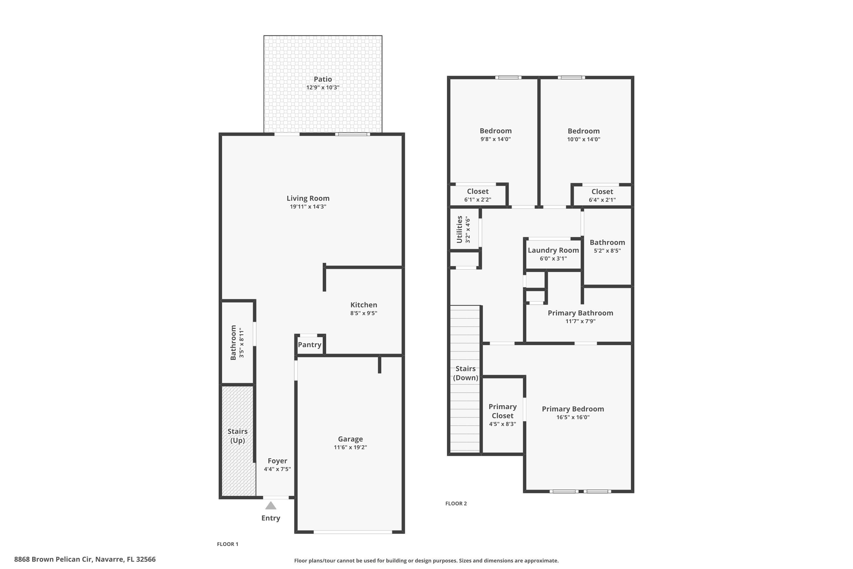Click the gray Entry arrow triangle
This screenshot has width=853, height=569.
pyautogui.click(x=271, y=506)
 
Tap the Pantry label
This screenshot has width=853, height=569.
pyautogui.click(x=309, y=345)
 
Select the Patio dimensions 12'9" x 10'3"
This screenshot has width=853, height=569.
pyautogui.click(x=322, y=87)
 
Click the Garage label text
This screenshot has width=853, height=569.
pyautogui.click(x=350, y=439)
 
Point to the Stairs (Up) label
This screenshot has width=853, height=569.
pyautogui.click(x=237, y=436)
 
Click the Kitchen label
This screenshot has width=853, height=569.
pyautogui.click(x=363, y=305)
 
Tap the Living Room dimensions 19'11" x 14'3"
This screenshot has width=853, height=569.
pyautogui.click(x=308, y=207)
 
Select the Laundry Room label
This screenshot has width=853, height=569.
pyautogui.click(x=553, y=250)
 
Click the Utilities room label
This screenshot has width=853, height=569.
pyautogui.click(x=459, y=229)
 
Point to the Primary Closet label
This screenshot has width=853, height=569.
pyautogui.click(x=502, y=411)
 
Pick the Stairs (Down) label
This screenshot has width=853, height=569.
pyautogui.click(x=465, y=373)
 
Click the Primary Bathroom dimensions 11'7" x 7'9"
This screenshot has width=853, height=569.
pyautogui.click(x=580, y=321)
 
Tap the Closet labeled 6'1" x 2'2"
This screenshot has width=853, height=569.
pyautogui.click(x=478, y=191)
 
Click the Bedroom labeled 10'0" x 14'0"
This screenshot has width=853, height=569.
pyautogui.click(x=583, y=131)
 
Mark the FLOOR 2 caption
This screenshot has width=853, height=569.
pyautogui.click(x=456, y=503)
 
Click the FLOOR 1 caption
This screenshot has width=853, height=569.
pyautogui.click(x=227, y=544)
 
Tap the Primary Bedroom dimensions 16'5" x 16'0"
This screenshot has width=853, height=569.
pyautogui.click(x=573, y=417)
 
